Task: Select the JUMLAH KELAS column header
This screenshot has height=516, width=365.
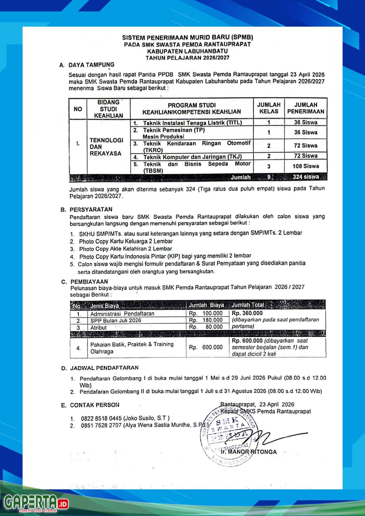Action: [269, 108]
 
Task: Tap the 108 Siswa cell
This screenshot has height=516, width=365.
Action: [306, 166]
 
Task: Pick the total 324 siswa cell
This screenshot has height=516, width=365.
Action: [306, 177]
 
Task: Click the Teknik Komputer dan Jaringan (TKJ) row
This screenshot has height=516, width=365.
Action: [192, 157]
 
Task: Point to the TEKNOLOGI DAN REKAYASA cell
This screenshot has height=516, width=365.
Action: [106, 147]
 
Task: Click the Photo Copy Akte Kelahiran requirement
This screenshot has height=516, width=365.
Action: [126, 249]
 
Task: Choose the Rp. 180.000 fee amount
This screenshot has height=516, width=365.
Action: [206, 320]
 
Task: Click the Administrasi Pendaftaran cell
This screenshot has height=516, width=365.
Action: [122, 313]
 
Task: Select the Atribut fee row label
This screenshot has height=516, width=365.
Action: [98, 327]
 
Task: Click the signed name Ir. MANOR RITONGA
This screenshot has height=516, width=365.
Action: [248, 452]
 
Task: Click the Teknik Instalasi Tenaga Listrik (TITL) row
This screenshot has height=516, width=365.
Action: [192, 123]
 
